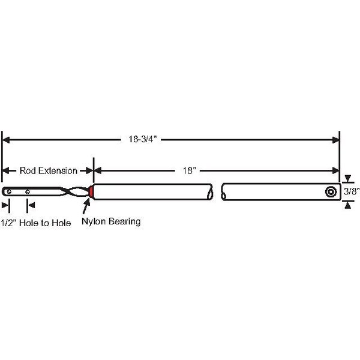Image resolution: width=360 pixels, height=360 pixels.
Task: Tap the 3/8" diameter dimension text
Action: point(351,191)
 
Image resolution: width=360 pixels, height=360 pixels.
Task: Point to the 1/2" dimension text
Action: point(8,223)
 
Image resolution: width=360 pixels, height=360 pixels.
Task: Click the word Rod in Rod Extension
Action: point(28,170)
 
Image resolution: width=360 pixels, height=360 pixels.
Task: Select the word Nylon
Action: point(93,221)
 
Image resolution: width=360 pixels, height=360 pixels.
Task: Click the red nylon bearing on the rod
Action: point(91,192)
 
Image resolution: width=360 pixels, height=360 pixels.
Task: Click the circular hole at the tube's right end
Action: point(330,191)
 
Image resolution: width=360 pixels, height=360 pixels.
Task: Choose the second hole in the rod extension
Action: point(27,192)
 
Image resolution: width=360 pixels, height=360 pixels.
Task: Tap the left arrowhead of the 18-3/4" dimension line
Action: point(7,140)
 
